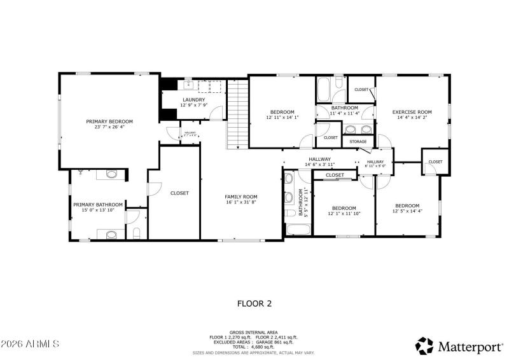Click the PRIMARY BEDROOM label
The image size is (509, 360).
tap(109, 121)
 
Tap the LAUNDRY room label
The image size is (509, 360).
tap(193, 100)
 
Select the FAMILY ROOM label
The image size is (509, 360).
tap(241, 197)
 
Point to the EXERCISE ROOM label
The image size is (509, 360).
tap(412, 112)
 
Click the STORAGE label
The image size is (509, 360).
tap(358, 141)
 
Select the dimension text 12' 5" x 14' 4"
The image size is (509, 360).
tap(407, 211)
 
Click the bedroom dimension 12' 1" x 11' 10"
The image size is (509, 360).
tap(344, 214)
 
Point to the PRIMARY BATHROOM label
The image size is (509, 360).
tap(97, 205)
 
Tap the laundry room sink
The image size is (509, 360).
tap(188, 84)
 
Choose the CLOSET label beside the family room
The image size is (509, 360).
tap(179, 193)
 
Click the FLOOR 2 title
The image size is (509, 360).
tap(254, 303)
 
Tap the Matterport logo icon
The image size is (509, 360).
tap(425, 345)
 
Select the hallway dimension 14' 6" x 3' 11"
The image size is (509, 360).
tap(319, 165)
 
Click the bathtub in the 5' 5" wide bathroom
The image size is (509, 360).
tap(296, 229)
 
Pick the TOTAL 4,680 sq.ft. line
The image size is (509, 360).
tap(254, 347)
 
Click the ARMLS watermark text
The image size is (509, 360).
tap(30, 344)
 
